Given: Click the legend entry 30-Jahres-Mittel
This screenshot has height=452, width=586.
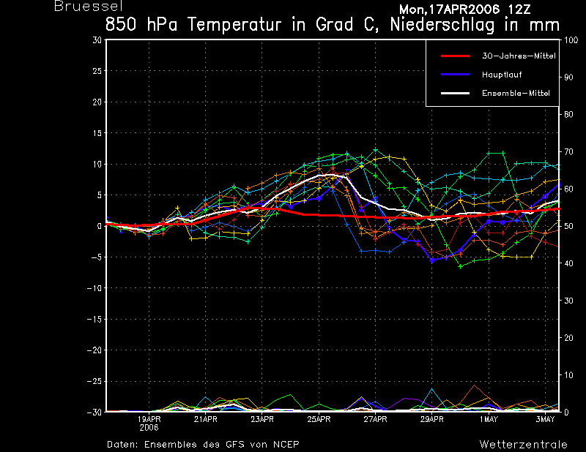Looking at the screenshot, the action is coord(519,56).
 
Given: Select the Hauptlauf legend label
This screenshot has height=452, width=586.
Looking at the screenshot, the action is coord(502,75).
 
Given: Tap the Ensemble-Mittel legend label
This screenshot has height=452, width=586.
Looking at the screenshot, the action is coord(516,94).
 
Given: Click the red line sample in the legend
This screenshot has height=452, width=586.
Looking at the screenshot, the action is coord(455,56).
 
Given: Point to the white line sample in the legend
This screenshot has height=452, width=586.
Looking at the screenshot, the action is coord(455,94).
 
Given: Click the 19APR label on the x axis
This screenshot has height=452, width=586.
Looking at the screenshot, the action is coord(149,419).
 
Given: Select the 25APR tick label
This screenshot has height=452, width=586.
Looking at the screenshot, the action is coord(319,419).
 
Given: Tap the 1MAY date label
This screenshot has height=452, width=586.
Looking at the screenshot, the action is coord(489,419).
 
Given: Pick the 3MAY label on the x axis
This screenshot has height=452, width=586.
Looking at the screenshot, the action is coord(545,419).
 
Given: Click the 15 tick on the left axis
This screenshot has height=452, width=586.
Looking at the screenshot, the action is coord(97,133).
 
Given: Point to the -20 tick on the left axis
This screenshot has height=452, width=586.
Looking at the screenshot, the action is coord(94,350).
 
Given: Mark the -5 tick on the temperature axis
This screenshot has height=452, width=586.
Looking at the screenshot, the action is coord(94,257).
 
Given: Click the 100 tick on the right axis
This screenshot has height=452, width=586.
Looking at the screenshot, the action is coord(571,40).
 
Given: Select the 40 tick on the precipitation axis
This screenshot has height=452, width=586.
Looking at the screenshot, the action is coord(568,263).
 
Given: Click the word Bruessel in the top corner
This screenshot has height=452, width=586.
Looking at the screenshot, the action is coord(89,7).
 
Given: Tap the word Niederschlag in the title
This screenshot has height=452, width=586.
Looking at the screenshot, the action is coord(442,25).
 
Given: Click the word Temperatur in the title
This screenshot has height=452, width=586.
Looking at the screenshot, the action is coord(234,25).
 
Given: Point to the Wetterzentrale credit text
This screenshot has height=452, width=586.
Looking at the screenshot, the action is coord(523,445).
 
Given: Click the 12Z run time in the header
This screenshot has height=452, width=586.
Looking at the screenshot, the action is coord(519,10).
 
